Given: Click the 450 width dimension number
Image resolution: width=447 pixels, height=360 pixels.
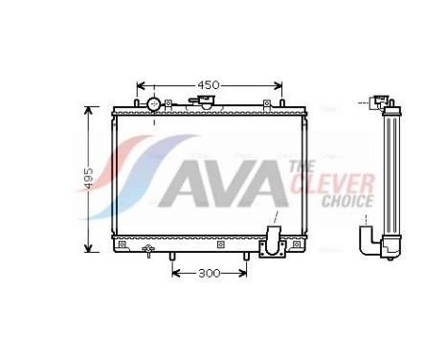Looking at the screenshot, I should (x=209, y=85).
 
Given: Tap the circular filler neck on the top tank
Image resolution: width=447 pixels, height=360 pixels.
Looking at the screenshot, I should (x=153, y=103).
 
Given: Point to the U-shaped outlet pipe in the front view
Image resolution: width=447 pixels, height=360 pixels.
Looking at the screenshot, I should (x=273, y=242).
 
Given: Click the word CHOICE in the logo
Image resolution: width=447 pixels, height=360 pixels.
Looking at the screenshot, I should (x=346, y=200).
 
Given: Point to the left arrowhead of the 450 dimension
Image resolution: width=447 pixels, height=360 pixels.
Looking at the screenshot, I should (x=141, y=85).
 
